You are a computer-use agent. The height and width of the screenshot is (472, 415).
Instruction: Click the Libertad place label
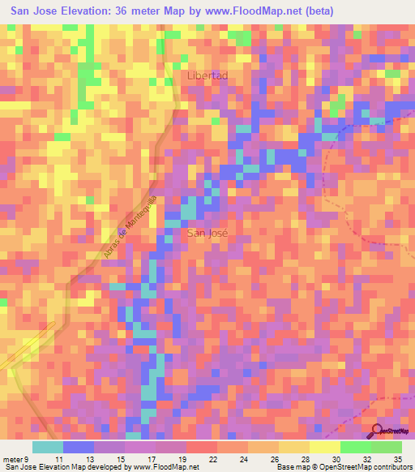click(x=207, y=75)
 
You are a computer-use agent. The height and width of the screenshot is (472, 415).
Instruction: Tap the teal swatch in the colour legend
click(x=47, y=447)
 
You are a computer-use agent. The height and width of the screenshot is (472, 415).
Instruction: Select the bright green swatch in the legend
click(x=356, y=447)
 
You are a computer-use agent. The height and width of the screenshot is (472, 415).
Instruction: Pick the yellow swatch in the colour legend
click(x=325, y=447)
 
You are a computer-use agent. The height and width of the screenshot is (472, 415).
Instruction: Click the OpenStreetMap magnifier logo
click(x=377, y=431)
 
